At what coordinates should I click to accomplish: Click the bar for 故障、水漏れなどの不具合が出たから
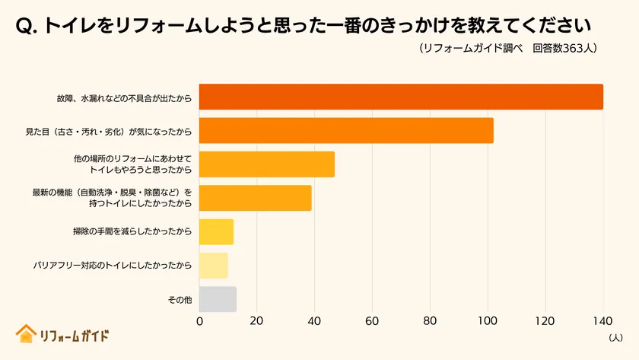tap(401, 97)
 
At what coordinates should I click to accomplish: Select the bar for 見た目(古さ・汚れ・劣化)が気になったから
tap(346, 131)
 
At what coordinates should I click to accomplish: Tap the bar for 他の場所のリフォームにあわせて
tap(267, 164)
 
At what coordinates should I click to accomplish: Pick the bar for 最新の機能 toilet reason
tap(256, 198)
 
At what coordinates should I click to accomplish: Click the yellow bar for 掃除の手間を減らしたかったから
tap(216, 231)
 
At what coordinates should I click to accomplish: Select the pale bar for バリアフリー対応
tap(213, 265)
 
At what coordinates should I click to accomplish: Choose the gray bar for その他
tap(218, 299)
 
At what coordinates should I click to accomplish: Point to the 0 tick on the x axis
tap(199, 321)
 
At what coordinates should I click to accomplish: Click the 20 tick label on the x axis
tap(257, 321)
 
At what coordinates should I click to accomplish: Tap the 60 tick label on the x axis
tap(372, 321)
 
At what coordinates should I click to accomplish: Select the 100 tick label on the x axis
tap(488, 321)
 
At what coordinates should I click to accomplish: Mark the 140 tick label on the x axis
tap(602, 321)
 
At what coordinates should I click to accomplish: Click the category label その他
tap(180, 300)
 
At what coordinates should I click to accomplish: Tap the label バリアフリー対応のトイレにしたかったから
tap(113, 266)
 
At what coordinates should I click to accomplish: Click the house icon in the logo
tap(26, 334)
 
